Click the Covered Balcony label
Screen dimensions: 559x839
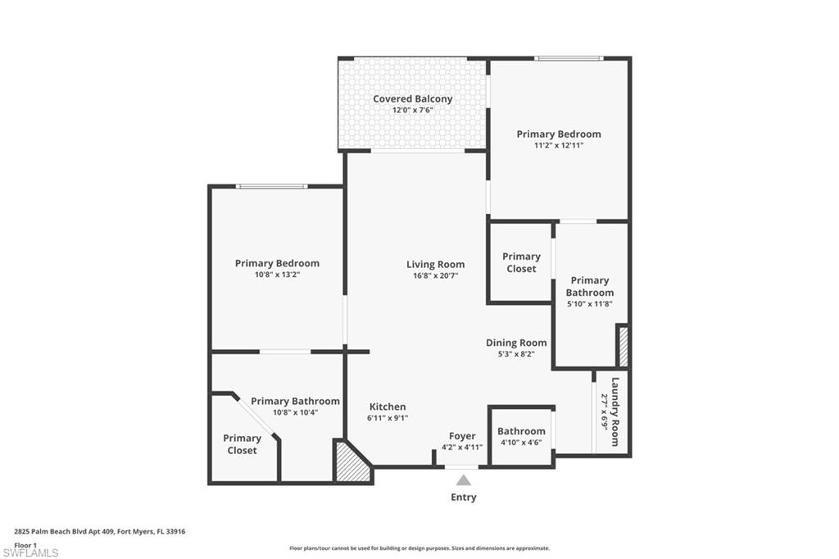click(x=412, y=99)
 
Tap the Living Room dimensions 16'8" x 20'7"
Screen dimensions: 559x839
click(x=435, y=276)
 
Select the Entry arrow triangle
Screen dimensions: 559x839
click(x=464, y=480)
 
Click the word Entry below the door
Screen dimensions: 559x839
click(x=463, y=497)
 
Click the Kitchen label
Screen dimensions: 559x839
click(x=387, y=407)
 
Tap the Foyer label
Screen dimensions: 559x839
click(x=463, y=436)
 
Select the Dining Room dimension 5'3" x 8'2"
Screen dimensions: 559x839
click(x=516, y=354)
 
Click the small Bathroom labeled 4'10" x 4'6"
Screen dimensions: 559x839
click(x=521, y=431)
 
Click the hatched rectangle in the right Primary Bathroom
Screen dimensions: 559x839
click(x=623, y=346)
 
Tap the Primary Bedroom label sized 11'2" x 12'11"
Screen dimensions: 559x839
click(x=558, y=134)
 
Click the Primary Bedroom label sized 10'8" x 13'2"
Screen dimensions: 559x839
click(x=277, y=263)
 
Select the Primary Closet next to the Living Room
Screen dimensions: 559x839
click(x=521, y=262)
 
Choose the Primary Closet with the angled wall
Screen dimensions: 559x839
click(x=243, y=444)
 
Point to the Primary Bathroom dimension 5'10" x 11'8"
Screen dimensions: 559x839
click(x=589, y=303)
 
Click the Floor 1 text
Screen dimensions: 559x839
click(x=26, y=544)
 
